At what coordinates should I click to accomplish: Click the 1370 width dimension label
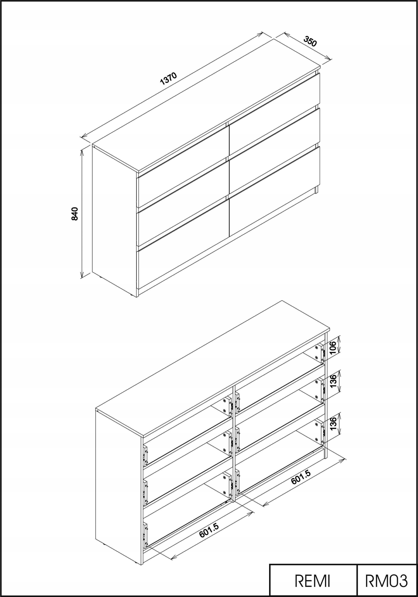169,79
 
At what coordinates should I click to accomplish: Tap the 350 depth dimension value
310,42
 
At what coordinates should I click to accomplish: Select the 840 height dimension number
75,214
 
